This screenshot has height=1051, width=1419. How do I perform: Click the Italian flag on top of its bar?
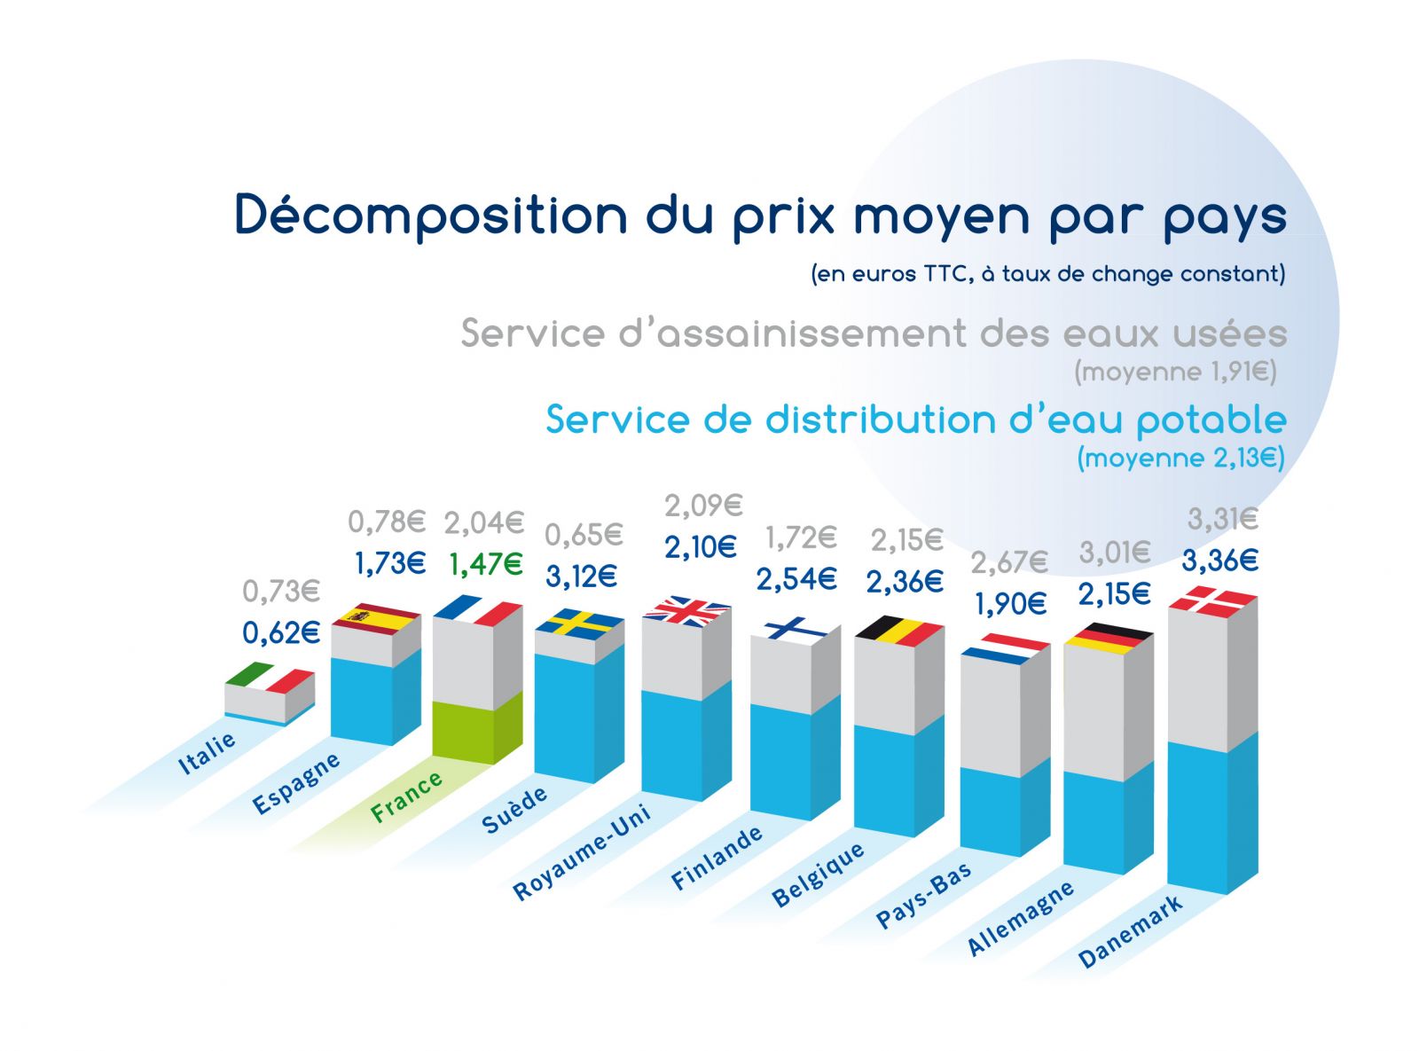[x=270, y=678]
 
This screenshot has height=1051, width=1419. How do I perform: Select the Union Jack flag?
[x=686, y=611]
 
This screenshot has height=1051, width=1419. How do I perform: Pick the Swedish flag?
[x=579, y=623]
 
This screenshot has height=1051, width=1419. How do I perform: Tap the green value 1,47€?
[x=486, y=564]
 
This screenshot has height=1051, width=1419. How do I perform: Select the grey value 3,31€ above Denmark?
[x=1222, y=519]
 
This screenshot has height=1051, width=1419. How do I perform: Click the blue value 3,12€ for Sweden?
[x=581, y=577]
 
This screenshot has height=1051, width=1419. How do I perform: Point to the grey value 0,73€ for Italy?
[x=281, y=591]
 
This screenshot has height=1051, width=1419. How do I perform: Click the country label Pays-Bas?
[x=924, y=896]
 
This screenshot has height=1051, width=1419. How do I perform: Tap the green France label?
[x=406, y=796]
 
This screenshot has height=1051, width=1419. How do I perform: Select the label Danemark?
[x=1130, y=931]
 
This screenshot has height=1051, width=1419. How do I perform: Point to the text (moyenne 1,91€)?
[x=1175, y=372]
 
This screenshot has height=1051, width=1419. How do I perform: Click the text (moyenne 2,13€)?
[x=1180, y=459]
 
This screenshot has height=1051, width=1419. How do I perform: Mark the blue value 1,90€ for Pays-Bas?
[x=1010, y=605]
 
